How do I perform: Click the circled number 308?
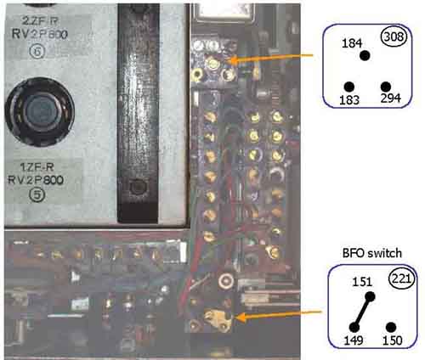(394, 37)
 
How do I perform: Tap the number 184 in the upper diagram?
(352, 43)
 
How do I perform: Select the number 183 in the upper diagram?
(349, 100)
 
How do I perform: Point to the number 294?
(391, 98)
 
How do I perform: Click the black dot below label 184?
(365, 55)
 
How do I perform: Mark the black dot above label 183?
(349, 87)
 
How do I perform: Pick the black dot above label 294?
(386, 87)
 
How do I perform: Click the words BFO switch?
(372, 253)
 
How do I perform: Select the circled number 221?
(402, 278)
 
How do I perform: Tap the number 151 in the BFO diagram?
(362, 282)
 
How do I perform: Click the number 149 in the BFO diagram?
(354, 340)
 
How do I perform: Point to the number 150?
(393, 340)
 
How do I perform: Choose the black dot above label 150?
(391, 327)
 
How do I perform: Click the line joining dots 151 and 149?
(362, 312)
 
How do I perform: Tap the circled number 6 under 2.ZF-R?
(37, 51)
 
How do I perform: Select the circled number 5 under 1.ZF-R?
(37, 194)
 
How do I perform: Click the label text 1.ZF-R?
(37, 167)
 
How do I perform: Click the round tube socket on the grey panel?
(40, 112)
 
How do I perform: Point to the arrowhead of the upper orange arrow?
(230, 60)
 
